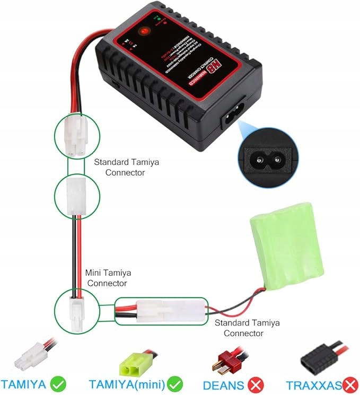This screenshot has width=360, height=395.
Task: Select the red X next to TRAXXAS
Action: [350, 383]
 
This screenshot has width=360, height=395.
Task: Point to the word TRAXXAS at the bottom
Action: [313, 383]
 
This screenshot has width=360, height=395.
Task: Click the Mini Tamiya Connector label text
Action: [108, 278]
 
